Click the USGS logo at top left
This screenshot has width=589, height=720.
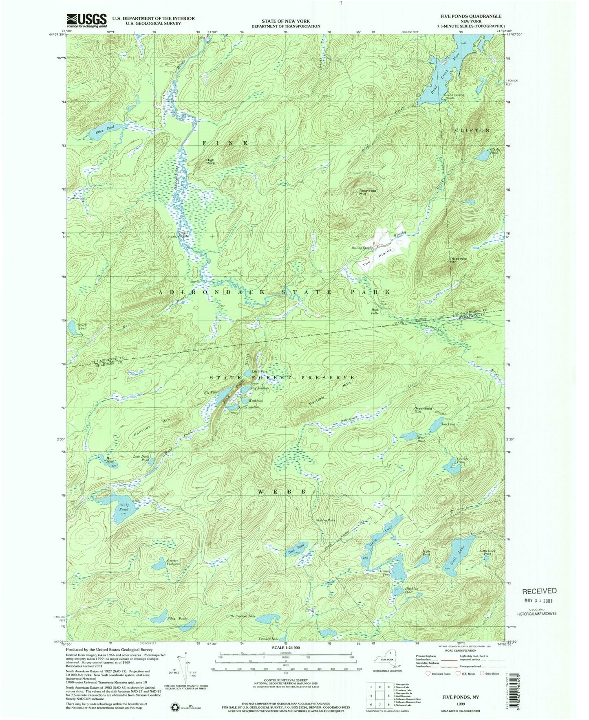pyautogui.click(x=86, y=20)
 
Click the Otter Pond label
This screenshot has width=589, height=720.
pyautogui.click(x=104, y=130)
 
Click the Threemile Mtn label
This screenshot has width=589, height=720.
pyautogui.click(x=457, y=260)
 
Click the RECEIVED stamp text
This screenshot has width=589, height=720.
pyautogui.click(x=539, y=590)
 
